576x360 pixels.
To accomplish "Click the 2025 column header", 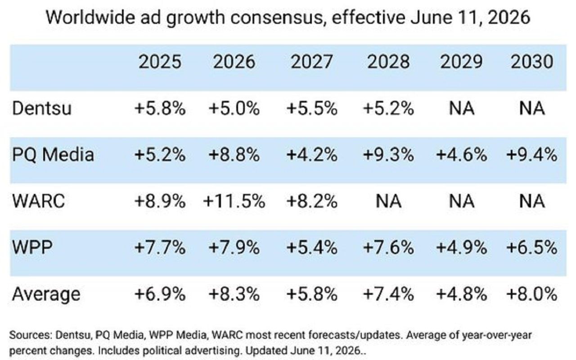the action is (160, 62).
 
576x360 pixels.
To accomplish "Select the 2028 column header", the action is (388, 62).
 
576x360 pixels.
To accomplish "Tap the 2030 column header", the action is (532, 62).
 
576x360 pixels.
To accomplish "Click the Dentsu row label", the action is (42, 108).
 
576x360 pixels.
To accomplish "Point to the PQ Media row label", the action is (53, 155).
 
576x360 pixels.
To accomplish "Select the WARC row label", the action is (39, 201).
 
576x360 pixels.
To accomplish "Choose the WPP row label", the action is (32, 247).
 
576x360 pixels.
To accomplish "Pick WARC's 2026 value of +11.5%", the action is (234, 201).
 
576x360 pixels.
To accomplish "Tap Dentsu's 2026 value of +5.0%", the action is (234, 108).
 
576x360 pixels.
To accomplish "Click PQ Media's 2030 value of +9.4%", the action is (532, 155).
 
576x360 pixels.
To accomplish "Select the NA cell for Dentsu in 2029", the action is (462, 108).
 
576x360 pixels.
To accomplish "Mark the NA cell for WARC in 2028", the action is (388, 201).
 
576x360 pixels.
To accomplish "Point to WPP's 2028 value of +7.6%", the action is (388, 247).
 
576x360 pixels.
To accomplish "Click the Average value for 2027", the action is (312, 294).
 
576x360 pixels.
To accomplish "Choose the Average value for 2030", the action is (532, 294).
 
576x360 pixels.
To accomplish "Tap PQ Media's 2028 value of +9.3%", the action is (388, 155).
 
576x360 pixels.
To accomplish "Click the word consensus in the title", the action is (277, 18).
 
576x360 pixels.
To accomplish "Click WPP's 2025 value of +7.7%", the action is (160, 247).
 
